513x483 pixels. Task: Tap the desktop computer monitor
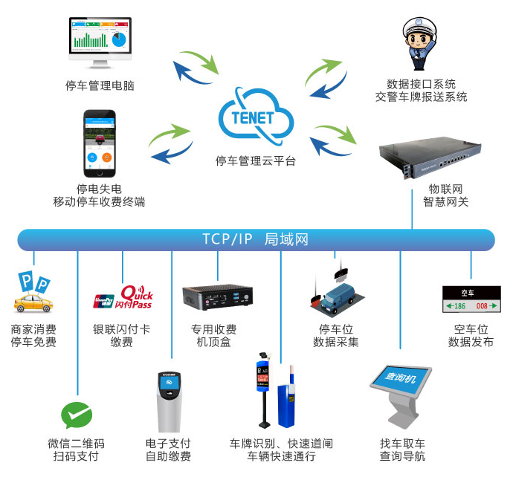tap(100, 43)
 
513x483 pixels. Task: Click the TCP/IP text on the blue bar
tap(228, 239)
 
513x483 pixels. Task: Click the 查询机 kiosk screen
tap(401, 378)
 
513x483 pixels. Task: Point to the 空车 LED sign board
tap(471, 299)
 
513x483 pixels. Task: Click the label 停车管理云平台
tap(256, 161)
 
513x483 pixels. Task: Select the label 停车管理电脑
tap(100, 85)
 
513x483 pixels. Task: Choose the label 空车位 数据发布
tap(471, 335)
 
